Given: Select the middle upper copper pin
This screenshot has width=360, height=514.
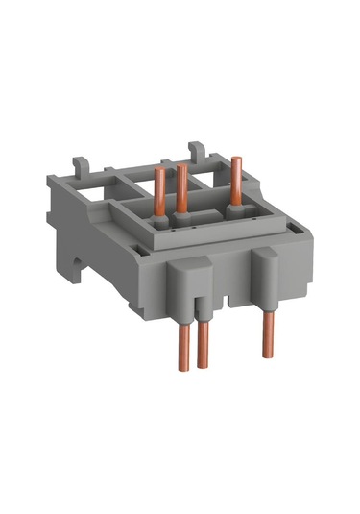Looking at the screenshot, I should [x=180, y=189].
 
